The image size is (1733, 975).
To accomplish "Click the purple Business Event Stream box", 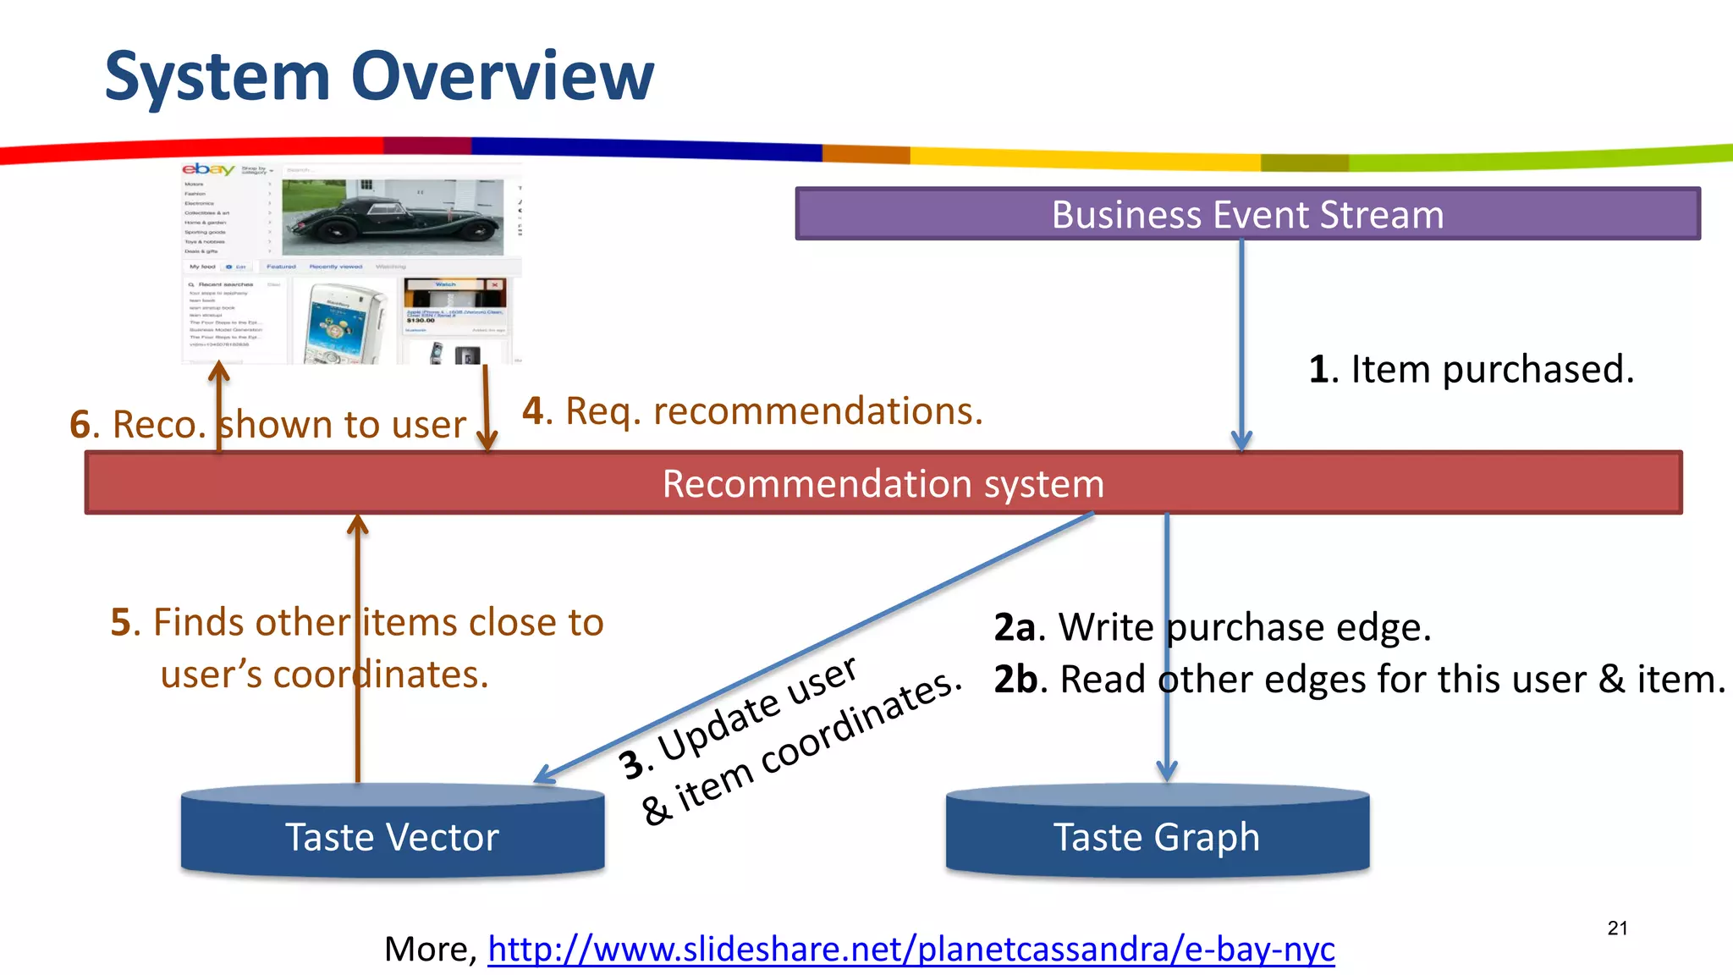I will (1247, 214).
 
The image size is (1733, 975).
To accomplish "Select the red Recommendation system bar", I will (883, 483).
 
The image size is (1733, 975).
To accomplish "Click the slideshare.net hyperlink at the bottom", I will (911, 949).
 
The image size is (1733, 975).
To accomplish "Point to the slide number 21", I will (1617, 928).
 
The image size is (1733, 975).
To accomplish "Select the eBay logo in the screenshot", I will (208, 169).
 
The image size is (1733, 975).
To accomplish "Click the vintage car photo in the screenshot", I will (393, 217).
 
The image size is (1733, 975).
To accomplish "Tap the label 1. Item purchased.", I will (1471, 369).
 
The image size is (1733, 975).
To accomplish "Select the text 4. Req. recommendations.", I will (752, 411).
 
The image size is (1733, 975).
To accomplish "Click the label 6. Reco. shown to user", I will (267, 424).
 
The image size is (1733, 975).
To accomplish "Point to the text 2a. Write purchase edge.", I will (1212, 627).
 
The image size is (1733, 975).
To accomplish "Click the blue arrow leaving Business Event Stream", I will (1241, 339).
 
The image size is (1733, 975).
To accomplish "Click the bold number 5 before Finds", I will (121, 623).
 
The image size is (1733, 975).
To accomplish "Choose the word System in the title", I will (217, 76).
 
